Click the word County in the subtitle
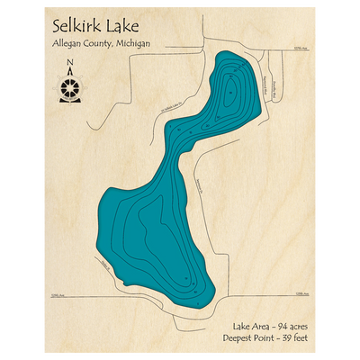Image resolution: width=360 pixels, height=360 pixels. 117,44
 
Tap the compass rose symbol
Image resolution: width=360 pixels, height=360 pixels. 70,87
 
